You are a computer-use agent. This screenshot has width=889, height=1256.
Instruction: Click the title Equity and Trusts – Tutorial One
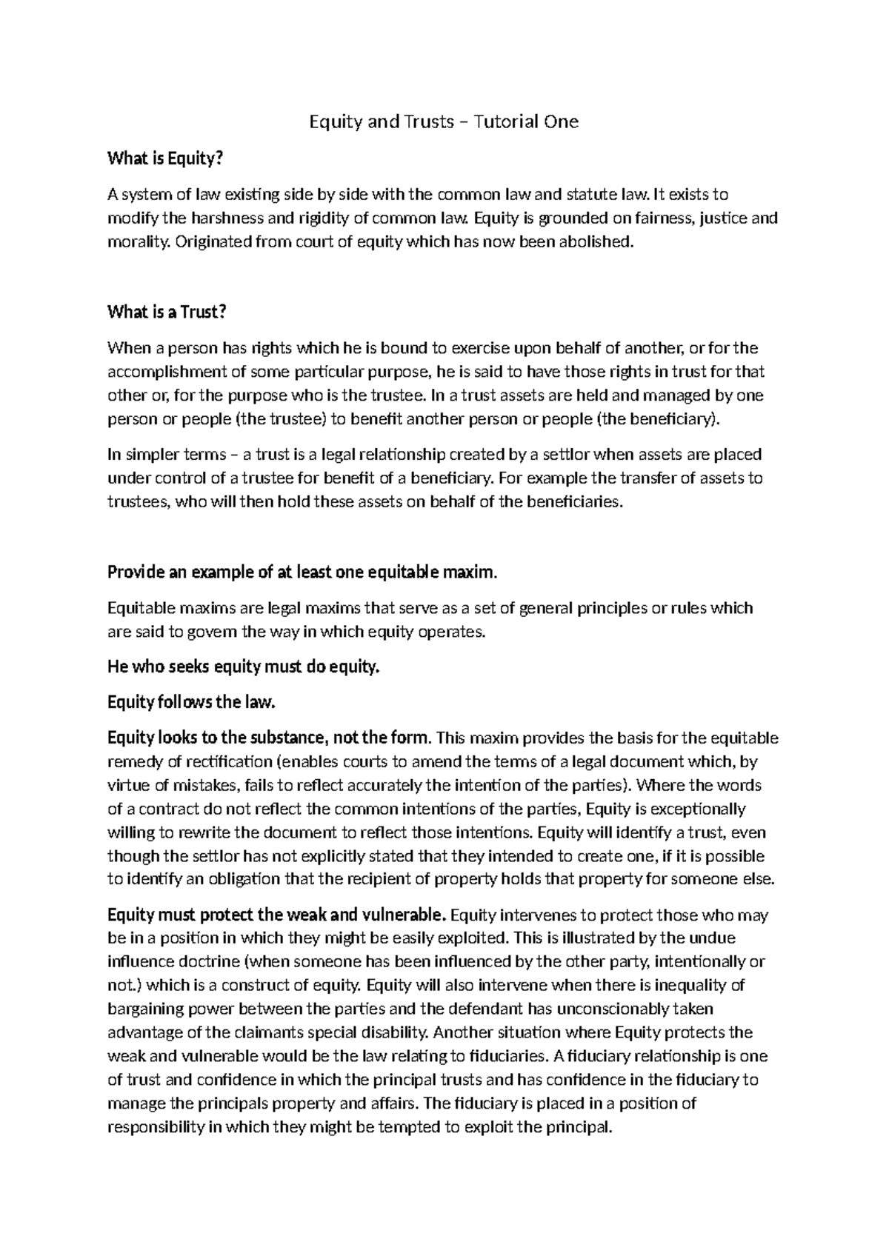tap(443, 121)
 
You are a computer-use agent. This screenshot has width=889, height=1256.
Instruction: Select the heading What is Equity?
tap(164, 158)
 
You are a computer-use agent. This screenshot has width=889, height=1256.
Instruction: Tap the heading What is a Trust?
tap(166, 312)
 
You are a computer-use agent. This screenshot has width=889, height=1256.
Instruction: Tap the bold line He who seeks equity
tap(243, 667)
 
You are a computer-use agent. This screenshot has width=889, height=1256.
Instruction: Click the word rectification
tap(230, 761)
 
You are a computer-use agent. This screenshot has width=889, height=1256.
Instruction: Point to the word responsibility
tap(156, 1127)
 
